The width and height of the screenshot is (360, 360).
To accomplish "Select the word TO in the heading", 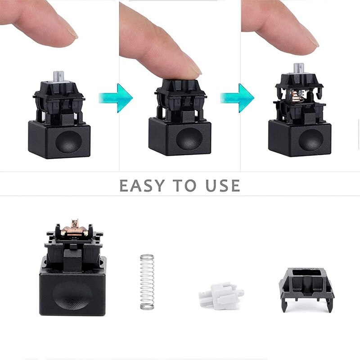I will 182,185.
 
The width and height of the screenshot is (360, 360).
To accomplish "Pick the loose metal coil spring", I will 146,282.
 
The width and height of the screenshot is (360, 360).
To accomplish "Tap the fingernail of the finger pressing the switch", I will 194,68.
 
